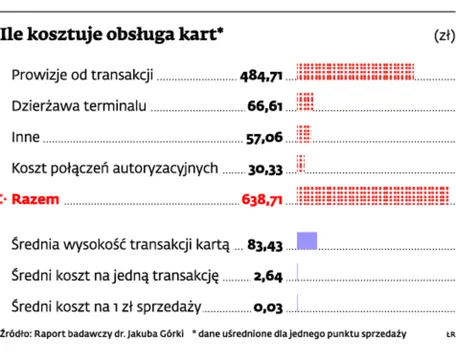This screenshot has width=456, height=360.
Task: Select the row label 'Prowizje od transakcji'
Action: [81, 74]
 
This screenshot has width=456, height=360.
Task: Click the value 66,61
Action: [264, 106]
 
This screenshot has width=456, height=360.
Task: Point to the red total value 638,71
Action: [261, 200]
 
